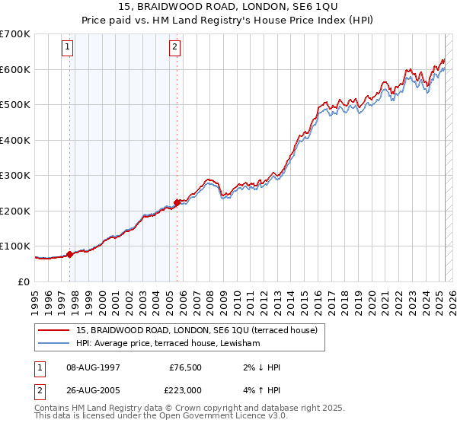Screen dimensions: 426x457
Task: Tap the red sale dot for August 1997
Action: [x=69, y=254]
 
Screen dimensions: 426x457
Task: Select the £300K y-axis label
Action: [x=15, y=175]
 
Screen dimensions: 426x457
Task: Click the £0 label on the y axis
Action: [x=24, y=281]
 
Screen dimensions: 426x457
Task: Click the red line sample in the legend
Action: [x=55, y=330]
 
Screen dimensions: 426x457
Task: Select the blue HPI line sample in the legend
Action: [x=55, y=344]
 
